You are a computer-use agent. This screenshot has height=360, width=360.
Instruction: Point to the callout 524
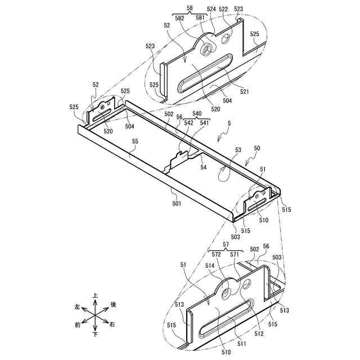pos(211,10)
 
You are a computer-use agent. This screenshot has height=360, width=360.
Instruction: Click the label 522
pos(223,10)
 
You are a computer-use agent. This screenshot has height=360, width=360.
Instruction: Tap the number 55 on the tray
pos(135,143)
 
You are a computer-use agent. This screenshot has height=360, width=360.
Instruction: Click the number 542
pos(189,123)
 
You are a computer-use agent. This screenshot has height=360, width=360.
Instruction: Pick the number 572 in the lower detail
pos(216,254)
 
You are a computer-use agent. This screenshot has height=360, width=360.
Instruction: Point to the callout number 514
pos(210,265)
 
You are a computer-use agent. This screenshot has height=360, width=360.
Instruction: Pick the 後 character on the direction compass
pos(113,304)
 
